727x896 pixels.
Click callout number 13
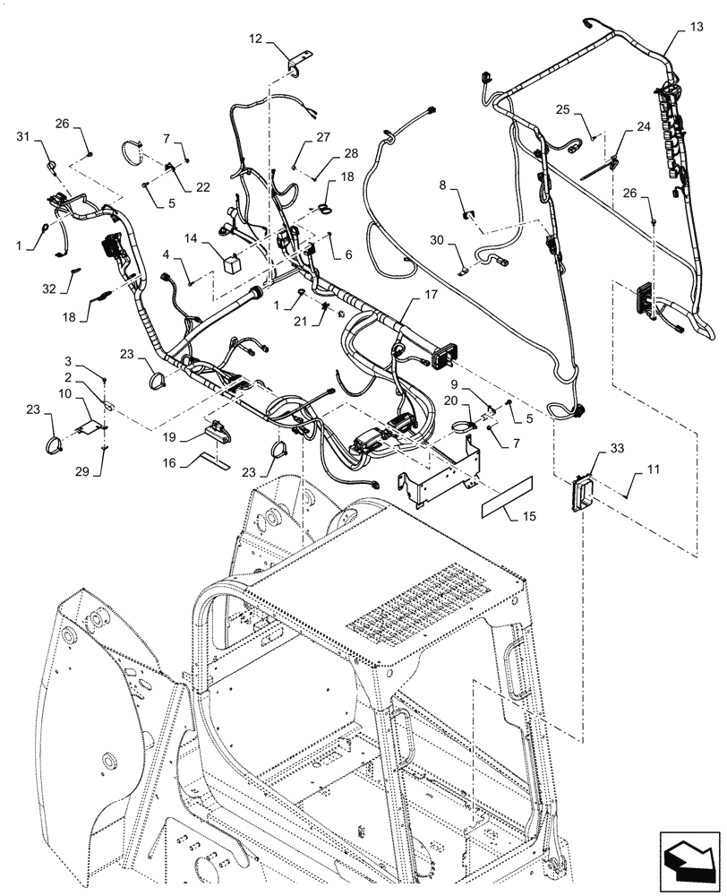696,28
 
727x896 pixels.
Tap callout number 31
23,135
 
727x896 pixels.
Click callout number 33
592,446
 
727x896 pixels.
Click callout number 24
644,127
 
